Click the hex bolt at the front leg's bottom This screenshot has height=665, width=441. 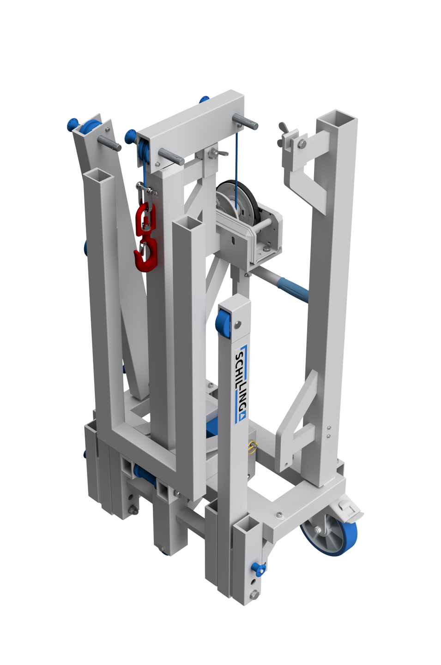point(254,595)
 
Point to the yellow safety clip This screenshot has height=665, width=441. point(253,446)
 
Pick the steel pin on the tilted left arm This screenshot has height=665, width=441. point(111,143)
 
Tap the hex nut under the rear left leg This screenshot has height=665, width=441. point(133,510)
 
